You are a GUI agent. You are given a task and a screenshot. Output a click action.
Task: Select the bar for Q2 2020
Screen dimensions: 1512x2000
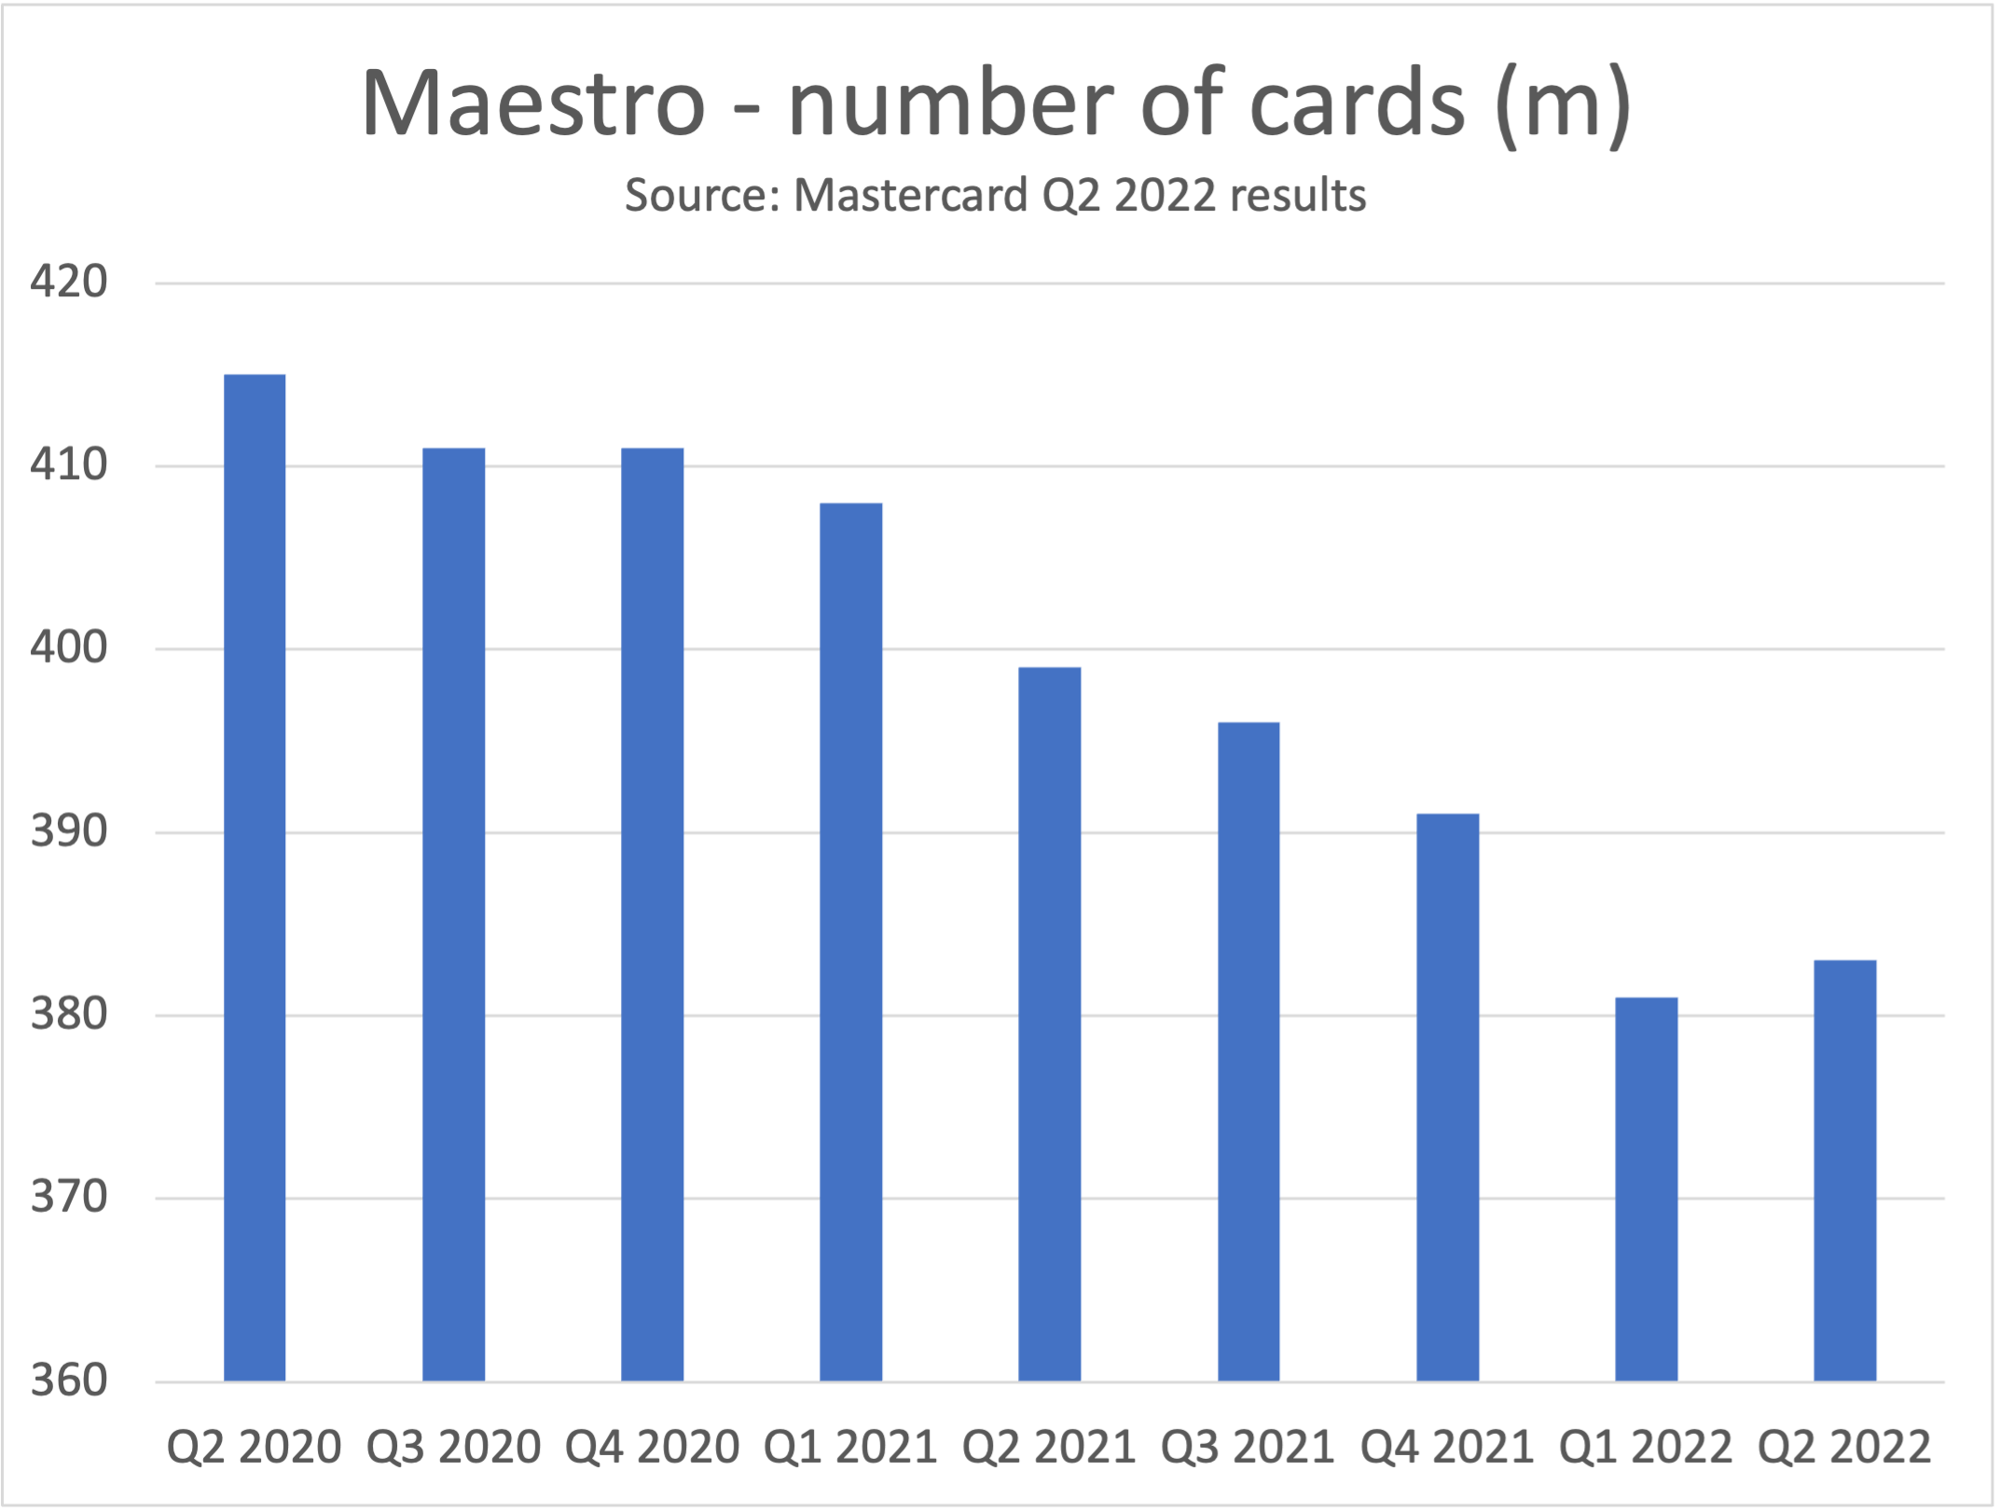point(255,876)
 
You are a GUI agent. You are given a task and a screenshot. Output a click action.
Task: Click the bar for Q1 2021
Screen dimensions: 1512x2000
point(850,942)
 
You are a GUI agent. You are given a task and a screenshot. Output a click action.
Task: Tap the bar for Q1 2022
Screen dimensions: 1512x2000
point(1646,1189)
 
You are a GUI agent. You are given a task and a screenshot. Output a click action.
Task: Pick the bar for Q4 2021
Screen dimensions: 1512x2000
point(1447,1096)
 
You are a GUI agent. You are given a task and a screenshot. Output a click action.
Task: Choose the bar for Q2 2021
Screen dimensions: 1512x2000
point(1049,1024)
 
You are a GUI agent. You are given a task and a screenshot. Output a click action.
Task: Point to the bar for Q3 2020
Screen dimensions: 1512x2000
point(453,914)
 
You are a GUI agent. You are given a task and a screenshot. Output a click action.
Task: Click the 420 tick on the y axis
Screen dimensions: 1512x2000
point(68,282)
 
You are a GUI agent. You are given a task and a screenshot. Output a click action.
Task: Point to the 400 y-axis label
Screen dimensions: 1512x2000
point(68,648)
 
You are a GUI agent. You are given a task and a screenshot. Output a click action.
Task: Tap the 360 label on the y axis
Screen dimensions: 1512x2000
point(68,1381)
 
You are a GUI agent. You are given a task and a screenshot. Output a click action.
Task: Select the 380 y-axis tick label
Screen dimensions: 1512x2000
point(68,1014)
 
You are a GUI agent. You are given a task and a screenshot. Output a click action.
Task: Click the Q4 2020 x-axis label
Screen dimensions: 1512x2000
point(652,1448)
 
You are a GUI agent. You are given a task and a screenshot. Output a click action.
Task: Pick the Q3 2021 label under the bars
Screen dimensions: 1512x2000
point(1248,1448)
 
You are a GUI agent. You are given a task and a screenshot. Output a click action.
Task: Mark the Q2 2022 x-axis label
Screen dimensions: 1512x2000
point(1843,1448)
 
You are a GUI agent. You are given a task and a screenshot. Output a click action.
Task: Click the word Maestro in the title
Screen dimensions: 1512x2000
point(532,104)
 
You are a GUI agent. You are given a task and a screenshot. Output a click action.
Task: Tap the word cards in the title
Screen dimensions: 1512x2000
point(1357,104)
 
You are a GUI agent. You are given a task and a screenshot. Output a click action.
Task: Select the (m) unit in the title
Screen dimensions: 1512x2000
point(1562,104)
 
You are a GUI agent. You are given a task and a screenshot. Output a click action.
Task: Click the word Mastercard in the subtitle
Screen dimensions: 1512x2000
point(909,196)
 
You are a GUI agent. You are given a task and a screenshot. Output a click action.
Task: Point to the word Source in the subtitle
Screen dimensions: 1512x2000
point(701,196)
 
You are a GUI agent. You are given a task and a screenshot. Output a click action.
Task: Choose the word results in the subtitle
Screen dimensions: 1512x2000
point(1297,196)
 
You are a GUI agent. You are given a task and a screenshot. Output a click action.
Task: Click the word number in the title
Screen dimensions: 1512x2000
point(950,104)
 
